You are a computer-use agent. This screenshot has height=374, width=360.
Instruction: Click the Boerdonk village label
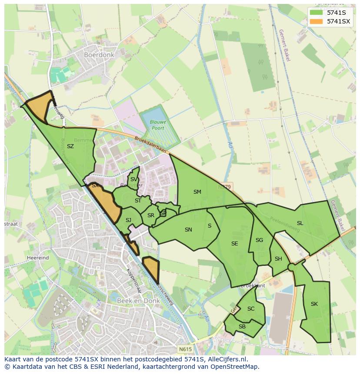[x=100, y=55]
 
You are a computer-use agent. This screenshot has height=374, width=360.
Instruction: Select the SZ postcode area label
[x=70, y=146]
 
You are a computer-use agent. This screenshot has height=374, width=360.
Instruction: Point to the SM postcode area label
[x=197, y=192]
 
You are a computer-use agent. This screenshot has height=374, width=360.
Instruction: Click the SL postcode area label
[x=300, y=223]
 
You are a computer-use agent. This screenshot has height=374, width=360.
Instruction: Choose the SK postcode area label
[x=314, y=304]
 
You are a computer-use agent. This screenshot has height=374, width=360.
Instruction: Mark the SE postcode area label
[x=235, y=244]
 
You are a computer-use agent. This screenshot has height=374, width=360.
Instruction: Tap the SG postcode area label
[x=260, y=240]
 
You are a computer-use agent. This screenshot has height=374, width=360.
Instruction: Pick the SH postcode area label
[x=278, y=259]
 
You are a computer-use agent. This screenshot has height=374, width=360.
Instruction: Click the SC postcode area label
[x=251, y=309]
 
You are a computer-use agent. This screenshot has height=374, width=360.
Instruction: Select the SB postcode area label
[x=242, y=327]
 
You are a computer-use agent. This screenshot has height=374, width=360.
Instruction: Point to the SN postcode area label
[x=188, y=230]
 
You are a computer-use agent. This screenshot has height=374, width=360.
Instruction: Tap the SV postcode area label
[x=134, y=179]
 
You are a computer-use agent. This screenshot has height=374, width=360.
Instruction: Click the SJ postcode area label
[x=128, y=220]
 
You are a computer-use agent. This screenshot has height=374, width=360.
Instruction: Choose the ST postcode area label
[x=138, y=201]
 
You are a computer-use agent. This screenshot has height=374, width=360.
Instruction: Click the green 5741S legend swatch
[x=316, y=13]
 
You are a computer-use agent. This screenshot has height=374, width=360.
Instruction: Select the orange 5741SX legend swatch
[x=316, y=21]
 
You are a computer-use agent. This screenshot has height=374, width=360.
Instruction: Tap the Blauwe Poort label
[x=158, y=125]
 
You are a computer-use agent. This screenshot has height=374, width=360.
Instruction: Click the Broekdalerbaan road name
[x=150, y=144]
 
